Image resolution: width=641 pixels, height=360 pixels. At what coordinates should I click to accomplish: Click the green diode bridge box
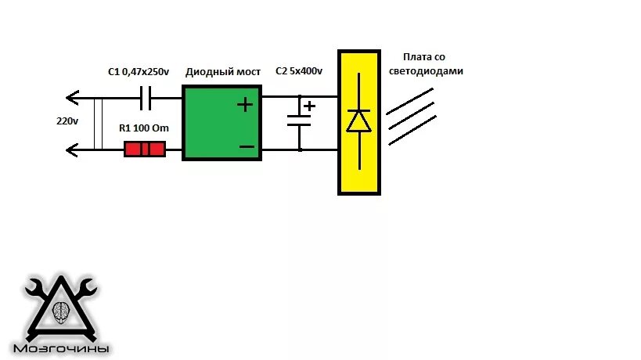(x=221, y=123)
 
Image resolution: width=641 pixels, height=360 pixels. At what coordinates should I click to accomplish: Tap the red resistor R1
(x=145, y=149)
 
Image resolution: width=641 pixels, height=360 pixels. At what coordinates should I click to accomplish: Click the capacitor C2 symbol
(x=299, y=121)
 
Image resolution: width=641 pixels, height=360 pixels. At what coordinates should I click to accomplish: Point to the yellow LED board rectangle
(x=358, y=122)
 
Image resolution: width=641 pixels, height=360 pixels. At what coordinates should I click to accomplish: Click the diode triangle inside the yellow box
(x=358, y=121)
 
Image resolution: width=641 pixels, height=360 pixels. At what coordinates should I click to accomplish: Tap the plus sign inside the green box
(x=246, y=103)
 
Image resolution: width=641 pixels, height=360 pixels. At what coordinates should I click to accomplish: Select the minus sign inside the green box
(x=247, y=146)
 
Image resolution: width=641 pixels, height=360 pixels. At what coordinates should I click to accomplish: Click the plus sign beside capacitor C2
(x=310, y=106)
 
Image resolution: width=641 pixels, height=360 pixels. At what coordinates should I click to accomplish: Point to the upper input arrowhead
(x=73, y=98)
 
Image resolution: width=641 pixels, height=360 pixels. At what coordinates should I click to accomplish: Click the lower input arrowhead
(x=73, y=148)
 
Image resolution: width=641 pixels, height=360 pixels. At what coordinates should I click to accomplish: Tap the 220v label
(x=67, y=122)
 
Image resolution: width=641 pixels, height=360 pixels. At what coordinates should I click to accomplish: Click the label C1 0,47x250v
(x=139, y=72)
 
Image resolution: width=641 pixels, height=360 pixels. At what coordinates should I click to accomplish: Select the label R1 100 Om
(x=143, y=128)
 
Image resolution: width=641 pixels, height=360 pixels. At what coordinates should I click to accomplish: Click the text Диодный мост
(x=222, y=72)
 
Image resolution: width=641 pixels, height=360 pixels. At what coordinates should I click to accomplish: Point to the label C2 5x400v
(x=299, y=71)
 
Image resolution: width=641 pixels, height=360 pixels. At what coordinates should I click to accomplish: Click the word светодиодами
(x=426, y=70)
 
